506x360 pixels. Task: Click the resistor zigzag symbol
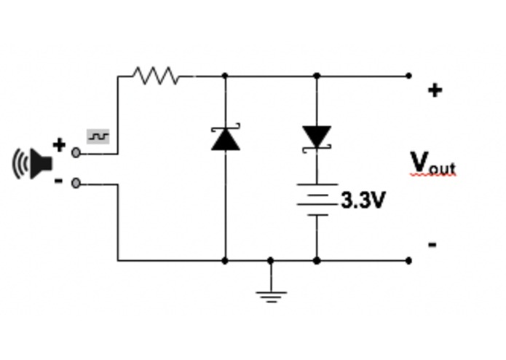click(x=155, y=75)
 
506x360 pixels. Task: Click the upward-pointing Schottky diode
click(x=225, y=138)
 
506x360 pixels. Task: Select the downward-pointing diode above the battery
click(x=317, y=137)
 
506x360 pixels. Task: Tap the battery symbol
click(x=317, y=199)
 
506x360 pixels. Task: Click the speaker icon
click(x=33, y=163)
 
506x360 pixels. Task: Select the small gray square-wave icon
click(x=98, y=136)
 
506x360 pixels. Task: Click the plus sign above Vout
click(x=434, y=90)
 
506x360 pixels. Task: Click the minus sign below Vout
click(x=432, y=245)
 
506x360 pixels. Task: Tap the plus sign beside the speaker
click(x=60, y=145)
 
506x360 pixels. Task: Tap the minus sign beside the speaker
click(x=59, y=181)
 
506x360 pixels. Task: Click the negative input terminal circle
click(x=76, y=184)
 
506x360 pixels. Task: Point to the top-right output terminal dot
click(x=408, y=75)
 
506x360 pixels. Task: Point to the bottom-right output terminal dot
click(x=408, y=260)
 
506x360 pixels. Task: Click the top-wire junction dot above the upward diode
click(x=225, y=75)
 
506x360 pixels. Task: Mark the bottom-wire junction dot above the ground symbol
click(x=271, y=260)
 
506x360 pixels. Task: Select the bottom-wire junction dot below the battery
click(x=317, y=260)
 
